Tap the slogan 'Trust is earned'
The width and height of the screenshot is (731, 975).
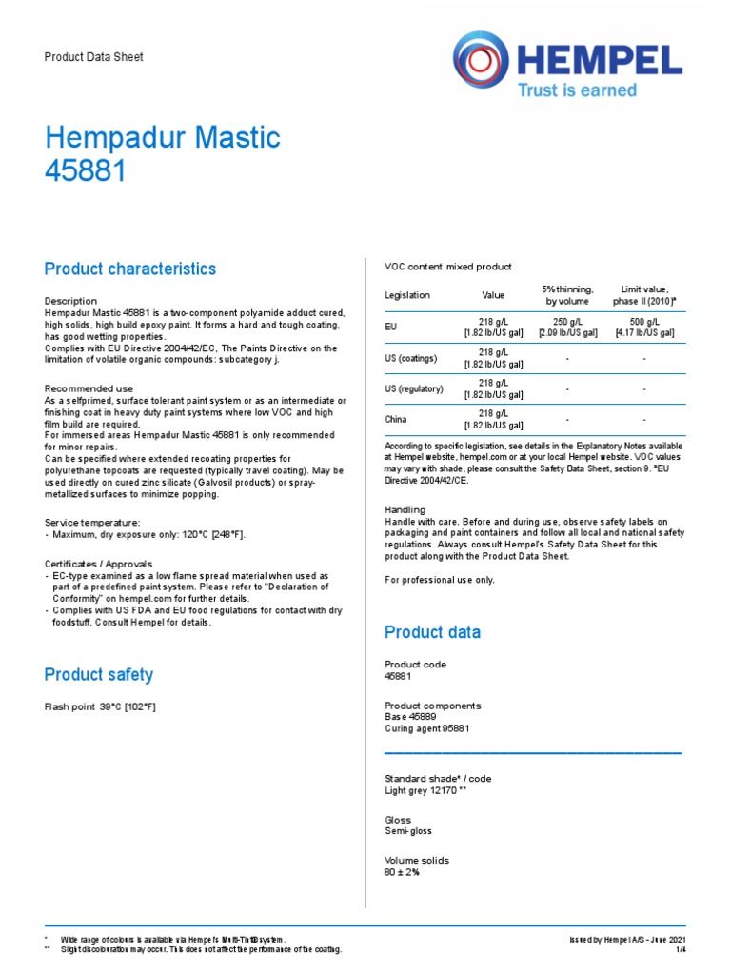coord(576,90)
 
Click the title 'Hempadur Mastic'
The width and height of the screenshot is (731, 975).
coord(163,138)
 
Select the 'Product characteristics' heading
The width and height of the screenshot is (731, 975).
coord(130,269)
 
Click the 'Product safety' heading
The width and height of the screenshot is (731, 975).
coord(99,675)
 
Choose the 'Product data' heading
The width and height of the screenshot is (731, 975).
coord(432,632)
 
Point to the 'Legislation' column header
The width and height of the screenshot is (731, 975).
coord(407,296)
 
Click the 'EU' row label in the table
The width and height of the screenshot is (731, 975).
coord(390,327)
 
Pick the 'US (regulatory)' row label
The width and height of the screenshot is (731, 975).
coord(414,388)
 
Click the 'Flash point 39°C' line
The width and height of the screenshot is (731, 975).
coord(101,707)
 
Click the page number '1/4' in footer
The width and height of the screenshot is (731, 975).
coord(681,949)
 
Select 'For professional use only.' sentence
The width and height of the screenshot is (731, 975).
coord(440,580)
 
